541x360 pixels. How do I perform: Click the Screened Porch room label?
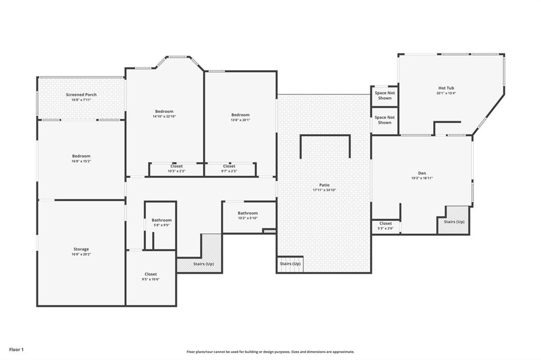click(81, 94)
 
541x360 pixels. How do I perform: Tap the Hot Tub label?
click(446, 88)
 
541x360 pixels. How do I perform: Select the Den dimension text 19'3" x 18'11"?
click(422, 178)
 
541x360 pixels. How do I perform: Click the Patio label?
click(324, 185)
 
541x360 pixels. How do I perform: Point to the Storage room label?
click(81, 249)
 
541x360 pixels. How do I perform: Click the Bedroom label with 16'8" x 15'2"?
click(81, 156)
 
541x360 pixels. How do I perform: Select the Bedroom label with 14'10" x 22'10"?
click(164, 111)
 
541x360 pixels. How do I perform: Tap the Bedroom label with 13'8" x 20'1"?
click(240, 115)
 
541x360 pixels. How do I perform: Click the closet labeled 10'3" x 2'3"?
click(176, 166)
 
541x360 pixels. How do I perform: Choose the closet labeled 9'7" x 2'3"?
click(229, 166)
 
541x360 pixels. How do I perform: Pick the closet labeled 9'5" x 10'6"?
click(151, 274)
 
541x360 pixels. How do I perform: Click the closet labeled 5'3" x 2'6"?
click(386, 223)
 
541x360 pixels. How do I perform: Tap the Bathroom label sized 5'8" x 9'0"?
click(162, 220)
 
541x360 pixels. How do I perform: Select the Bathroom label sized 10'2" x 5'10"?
click(248, 213)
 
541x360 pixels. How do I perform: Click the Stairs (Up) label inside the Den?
click(454, 222)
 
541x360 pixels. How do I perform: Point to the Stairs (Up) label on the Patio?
click(290, 263)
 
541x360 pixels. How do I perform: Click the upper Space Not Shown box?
click(385, 96)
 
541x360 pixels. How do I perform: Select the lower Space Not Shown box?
click(385, 120)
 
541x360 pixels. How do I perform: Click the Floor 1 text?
click(16, 349)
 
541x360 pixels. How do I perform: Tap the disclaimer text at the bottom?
click(270, 352)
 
